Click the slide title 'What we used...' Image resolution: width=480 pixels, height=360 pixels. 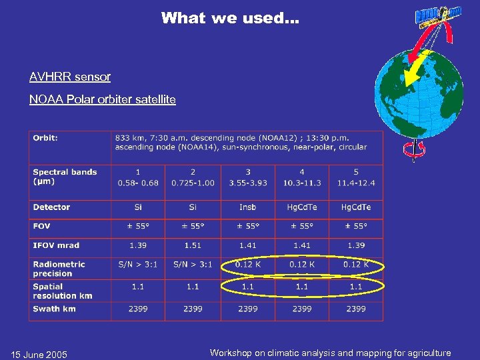(x=230, y=18)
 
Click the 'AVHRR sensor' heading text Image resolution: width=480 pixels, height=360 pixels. (x=70, y=77)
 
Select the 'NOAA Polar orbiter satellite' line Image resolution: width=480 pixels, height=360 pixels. (x=103, y=99)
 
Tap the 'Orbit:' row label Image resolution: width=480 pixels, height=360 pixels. (x=45, y=138)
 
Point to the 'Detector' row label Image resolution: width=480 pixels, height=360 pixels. (x=51, y=207)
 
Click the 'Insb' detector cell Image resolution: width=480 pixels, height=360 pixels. (x=247, y=207)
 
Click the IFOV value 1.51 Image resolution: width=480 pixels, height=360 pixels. (x=193, y=245)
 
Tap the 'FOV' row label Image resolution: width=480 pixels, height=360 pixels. (x=41, y=226)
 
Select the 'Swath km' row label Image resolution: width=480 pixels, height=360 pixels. (x=54, y=309)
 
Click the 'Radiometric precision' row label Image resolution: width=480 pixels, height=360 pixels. (x=59, y=269)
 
